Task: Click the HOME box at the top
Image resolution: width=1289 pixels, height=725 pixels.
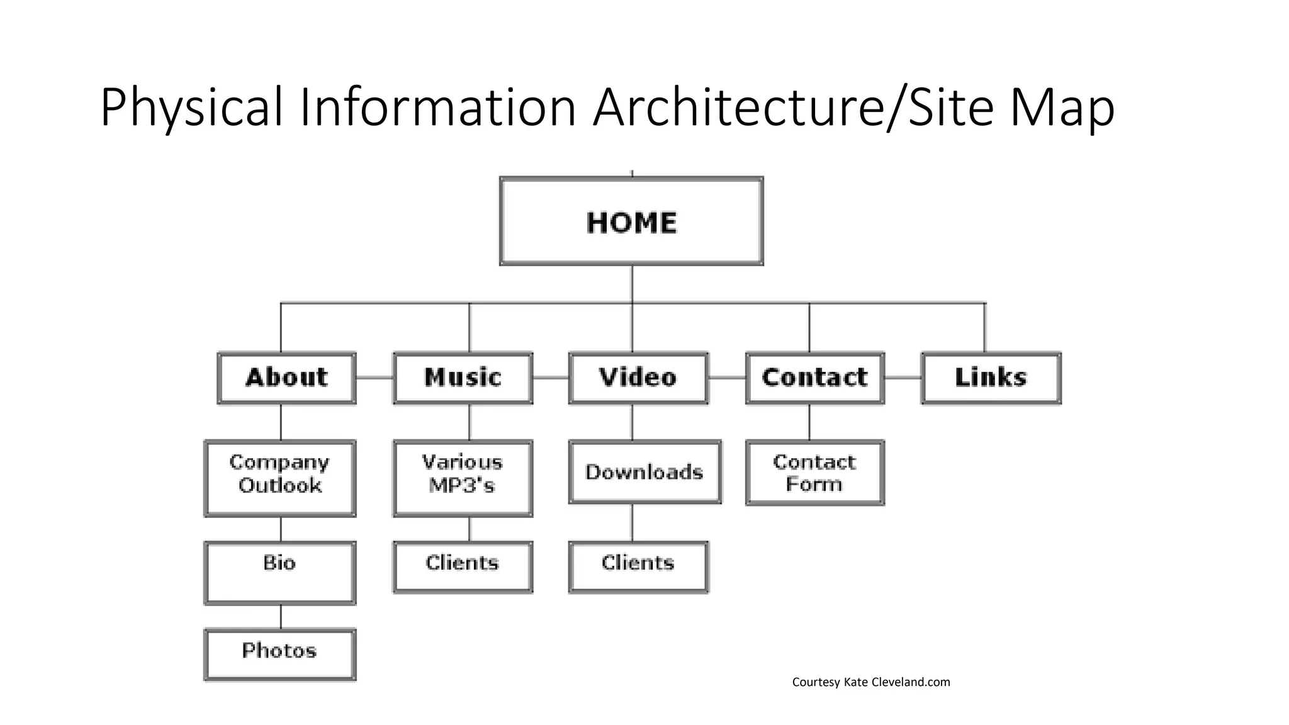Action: click(631, 221)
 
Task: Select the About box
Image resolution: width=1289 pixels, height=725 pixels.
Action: click(286, 378)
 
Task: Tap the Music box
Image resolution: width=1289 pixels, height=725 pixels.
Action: click(463, 378)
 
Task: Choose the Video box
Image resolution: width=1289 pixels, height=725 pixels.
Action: click(638, 378)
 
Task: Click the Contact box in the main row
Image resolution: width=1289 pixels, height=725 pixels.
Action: click(814, 378)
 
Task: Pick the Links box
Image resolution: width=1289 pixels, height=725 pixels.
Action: click(991, 378)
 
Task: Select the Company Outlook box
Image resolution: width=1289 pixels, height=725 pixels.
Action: click(279, 478)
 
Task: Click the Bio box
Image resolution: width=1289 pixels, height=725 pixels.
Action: click(279, 572)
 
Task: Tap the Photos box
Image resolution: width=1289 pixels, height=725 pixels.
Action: click(279, 654)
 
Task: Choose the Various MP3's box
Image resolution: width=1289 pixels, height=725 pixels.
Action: click(463, 478)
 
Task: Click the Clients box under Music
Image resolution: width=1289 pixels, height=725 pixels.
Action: click(463, 566)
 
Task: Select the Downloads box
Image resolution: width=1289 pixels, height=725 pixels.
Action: click(644, 472)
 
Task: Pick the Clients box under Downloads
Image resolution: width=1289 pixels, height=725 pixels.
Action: click(638, 566)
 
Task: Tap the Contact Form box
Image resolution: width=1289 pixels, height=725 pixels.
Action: click(814, 473)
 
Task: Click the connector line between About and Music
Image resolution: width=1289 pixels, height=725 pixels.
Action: click(374, 378)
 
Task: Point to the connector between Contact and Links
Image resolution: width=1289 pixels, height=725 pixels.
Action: click(903, 378)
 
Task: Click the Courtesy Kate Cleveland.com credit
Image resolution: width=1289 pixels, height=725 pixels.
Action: click(870, 682)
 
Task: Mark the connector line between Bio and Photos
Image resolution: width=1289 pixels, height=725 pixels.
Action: click(281, 617)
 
